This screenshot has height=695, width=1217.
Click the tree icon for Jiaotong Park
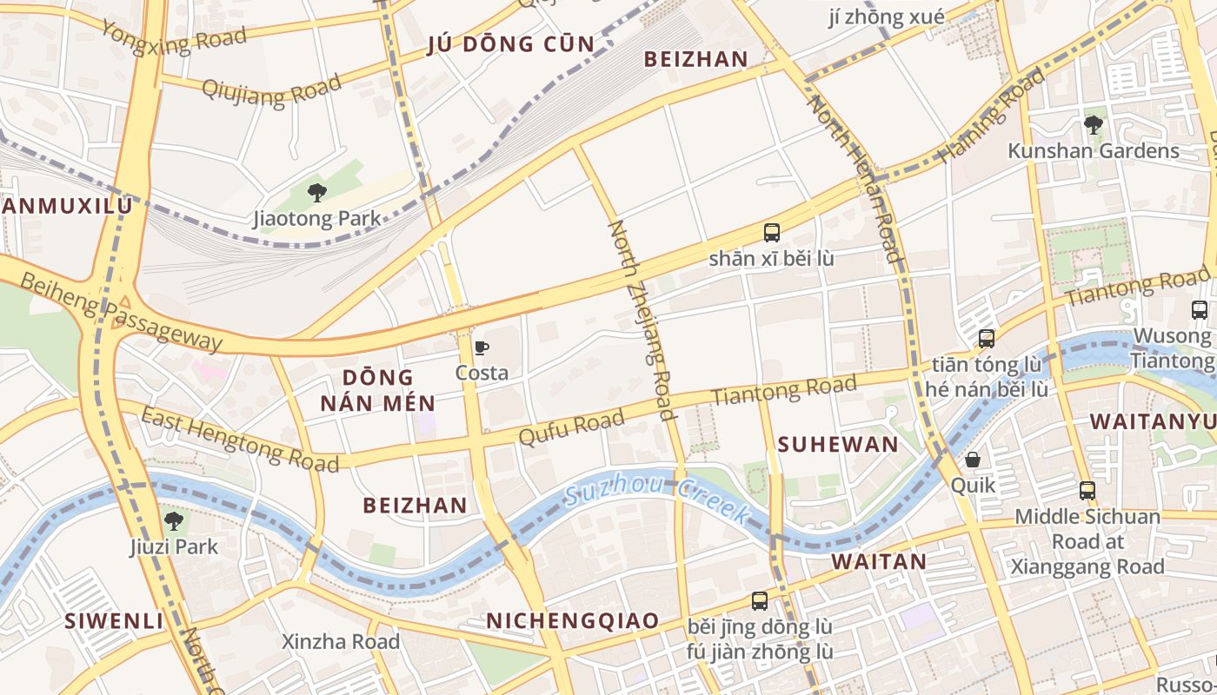pyautogui.click(x=317, y=193)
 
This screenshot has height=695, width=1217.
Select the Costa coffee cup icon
pyautogui.click(x=482, y=348)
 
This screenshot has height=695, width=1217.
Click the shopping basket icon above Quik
pyautogui.click(x=972, y=460)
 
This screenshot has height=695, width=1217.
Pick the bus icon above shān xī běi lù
pyautogui.click(x=771, y=233)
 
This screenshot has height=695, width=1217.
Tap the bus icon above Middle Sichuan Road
pyautogui.click(x=1087, y=491)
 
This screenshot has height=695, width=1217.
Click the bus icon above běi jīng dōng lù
pyautogui.click(x=759, y=601)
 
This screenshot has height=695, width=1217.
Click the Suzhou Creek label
pyautogui.click(x=656, y=501)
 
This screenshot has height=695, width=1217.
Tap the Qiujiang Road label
pyautogui.click(x=271, y=89)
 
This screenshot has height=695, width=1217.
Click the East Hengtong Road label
pyautogui.click(x=240, y=440)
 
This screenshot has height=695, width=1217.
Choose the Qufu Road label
pyautogui.click(x=571, y=427)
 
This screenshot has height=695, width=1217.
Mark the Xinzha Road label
pyautogui.click(x=341, y=642)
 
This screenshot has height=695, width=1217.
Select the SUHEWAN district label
pyautogui.click(x=838, y=445)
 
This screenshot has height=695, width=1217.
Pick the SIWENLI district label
pyautogui.click(x=114, y=621)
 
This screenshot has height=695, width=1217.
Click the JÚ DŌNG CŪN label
pyautogui.click(x=511, y=45)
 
